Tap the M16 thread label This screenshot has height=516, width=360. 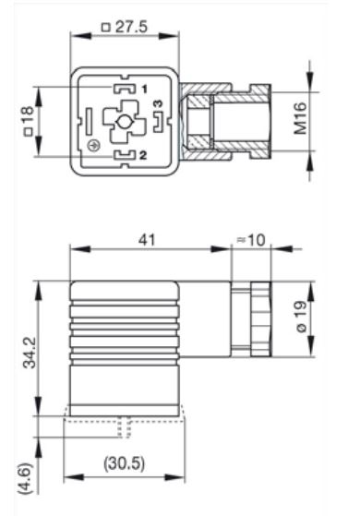coord(300,120)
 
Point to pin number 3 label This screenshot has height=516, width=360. coord(158,104)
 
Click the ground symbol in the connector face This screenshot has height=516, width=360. coord(91,147)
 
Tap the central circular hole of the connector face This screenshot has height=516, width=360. coord(123,120)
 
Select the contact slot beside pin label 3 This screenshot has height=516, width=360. coord(158,120)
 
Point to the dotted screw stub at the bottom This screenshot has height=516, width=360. coord(126,427)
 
